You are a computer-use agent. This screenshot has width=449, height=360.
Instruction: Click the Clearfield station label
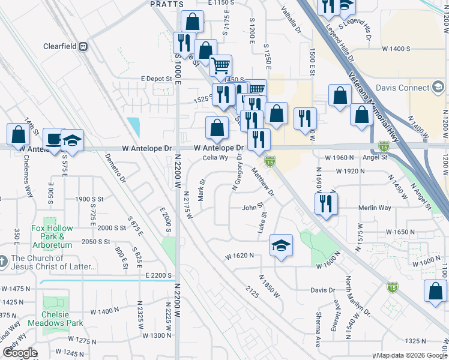coord(62,46)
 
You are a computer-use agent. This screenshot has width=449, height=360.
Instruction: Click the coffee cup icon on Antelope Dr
coord(54,139)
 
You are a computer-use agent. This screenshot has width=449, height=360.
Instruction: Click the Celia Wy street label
coord(215,158)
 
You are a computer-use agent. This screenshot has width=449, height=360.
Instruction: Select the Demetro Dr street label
coord(116,167)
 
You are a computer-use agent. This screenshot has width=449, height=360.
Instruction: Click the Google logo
coord(19,353)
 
